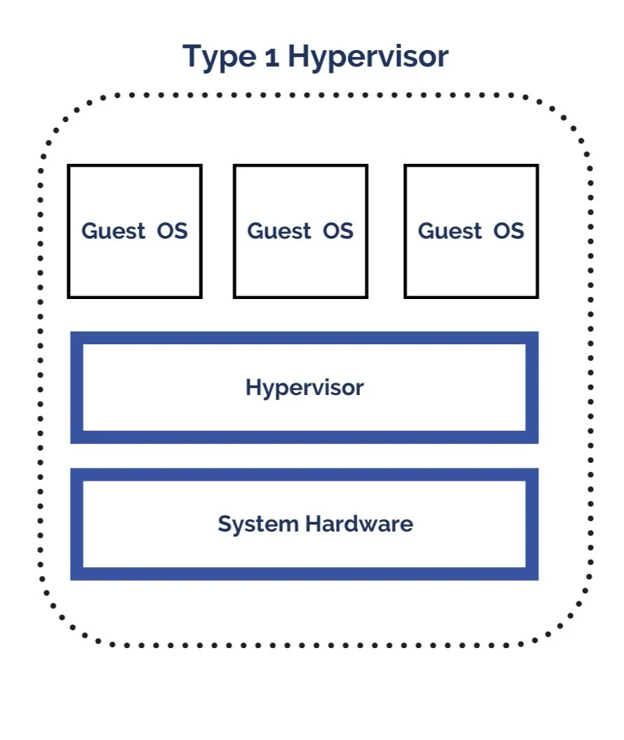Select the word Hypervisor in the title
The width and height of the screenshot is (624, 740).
(368, 57)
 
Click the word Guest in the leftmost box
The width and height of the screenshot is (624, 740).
(113, 231)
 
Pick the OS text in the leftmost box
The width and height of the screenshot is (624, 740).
(172, 231)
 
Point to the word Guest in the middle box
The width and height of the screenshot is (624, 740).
(279, 231)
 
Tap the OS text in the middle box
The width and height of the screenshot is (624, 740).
(338, 231)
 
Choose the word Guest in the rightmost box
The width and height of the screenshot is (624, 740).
(450, 231)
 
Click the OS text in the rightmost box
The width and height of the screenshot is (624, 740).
(508, 231)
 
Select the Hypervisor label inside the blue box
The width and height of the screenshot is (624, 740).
(304, 387)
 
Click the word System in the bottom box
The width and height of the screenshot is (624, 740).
(259, 524)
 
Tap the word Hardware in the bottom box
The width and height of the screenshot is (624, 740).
(359, 524)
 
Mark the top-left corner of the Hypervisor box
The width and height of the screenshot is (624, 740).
(71, 333)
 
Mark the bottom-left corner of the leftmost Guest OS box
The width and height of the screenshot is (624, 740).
(68, 298)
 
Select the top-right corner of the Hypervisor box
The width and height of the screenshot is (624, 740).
(538, 333)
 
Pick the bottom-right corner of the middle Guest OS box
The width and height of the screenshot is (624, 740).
(368, 298)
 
